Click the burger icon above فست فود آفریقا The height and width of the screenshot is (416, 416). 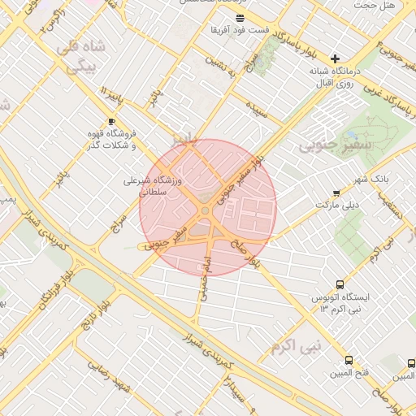point(239,18)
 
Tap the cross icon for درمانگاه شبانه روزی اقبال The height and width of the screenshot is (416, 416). point(334,58)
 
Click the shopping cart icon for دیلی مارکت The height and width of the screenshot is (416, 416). point(336,193)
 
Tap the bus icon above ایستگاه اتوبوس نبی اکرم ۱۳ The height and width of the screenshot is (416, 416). point(340,285)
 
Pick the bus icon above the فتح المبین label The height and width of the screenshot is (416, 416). point(349,361)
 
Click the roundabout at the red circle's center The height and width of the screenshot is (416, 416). point(206,210)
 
